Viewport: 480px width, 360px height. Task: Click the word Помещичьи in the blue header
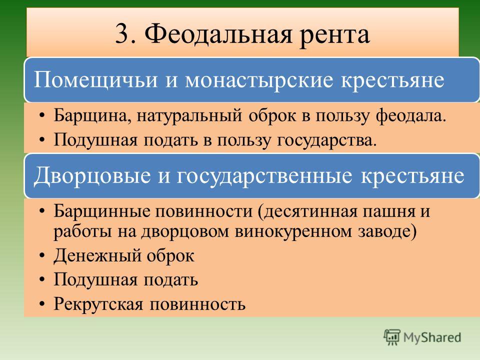tap(95, 80)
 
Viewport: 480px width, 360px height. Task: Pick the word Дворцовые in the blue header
tap(92, 176)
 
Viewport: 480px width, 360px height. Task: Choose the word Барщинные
tap(102, 211)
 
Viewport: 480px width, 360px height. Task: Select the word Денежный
tap(98, 256)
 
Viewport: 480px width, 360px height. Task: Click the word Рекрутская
tap(98, 304)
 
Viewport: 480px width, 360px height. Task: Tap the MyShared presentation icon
tap(392, 337)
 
